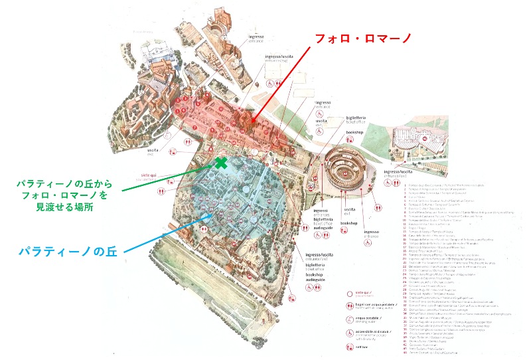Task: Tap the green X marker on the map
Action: point(220,162)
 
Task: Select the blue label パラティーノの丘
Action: point(63,252)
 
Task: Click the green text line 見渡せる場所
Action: point(64,207)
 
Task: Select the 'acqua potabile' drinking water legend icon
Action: point(349,319)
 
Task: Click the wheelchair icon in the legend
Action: point(349,333)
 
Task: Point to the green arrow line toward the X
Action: point(166,179)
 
